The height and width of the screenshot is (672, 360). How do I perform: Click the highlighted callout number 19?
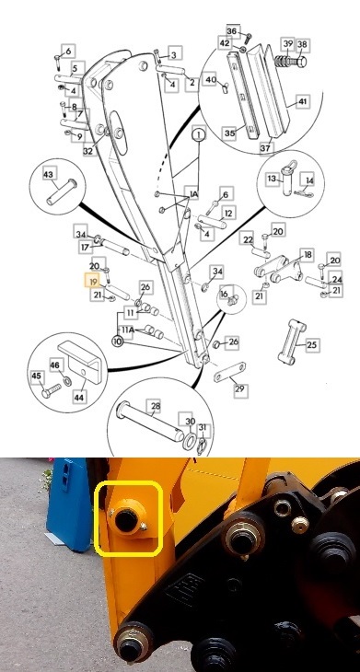click(x=92, y=281)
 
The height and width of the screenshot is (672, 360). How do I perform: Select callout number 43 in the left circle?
click(x=49, y=174)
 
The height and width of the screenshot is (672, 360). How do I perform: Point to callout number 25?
click(x=312, y=344)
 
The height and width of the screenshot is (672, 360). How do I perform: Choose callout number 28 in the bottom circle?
click(x=155, y=405)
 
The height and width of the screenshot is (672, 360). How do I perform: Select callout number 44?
click(x=78, y=398)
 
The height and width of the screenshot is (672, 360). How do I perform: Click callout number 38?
click(x=302, y=44)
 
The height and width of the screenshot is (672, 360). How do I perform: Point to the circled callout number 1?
click(x=196, y=134)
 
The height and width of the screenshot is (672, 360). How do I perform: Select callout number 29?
click(x=239, y=390)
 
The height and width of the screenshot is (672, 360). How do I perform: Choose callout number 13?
click(x=273, y=179)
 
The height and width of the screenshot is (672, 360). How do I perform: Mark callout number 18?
click(x=308, y=255)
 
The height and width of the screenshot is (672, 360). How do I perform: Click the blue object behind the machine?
click(x=66, y=502)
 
